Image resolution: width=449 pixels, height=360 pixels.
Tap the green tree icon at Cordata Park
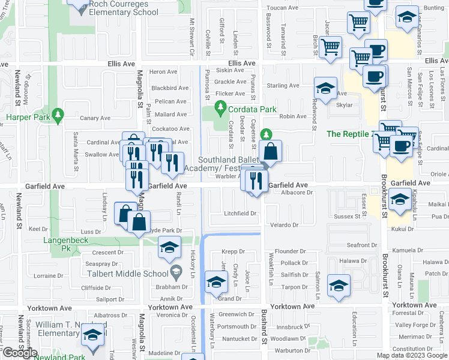point(220,109)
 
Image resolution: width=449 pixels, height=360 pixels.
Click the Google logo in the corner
point(20,353)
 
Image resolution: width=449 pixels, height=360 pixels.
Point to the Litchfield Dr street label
point(240,214)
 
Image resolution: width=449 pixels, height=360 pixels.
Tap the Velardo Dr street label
point(284,225)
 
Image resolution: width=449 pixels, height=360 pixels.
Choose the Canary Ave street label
point(84,118)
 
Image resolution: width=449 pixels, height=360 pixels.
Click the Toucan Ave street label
point(283,8)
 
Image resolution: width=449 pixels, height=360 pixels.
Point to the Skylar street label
point(344,104)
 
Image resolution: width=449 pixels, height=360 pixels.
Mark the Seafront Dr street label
point(361,245)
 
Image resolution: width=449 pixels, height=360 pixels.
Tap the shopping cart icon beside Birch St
point(330,47)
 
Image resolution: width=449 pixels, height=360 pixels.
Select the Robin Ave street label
point(293,116)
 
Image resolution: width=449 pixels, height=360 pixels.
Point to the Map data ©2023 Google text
point(411,355)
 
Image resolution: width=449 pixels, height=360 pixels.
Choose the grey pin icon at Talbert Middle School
point(176,272)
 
